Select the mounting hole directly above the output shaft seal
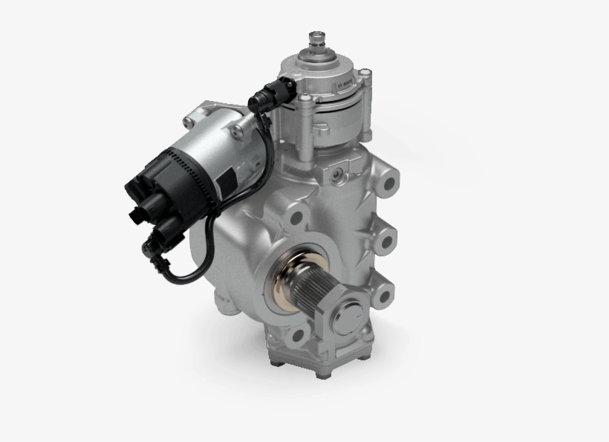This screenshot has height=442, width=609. point(298,218)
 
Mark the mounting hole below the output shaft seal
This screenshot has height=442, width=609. point(299,332)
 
